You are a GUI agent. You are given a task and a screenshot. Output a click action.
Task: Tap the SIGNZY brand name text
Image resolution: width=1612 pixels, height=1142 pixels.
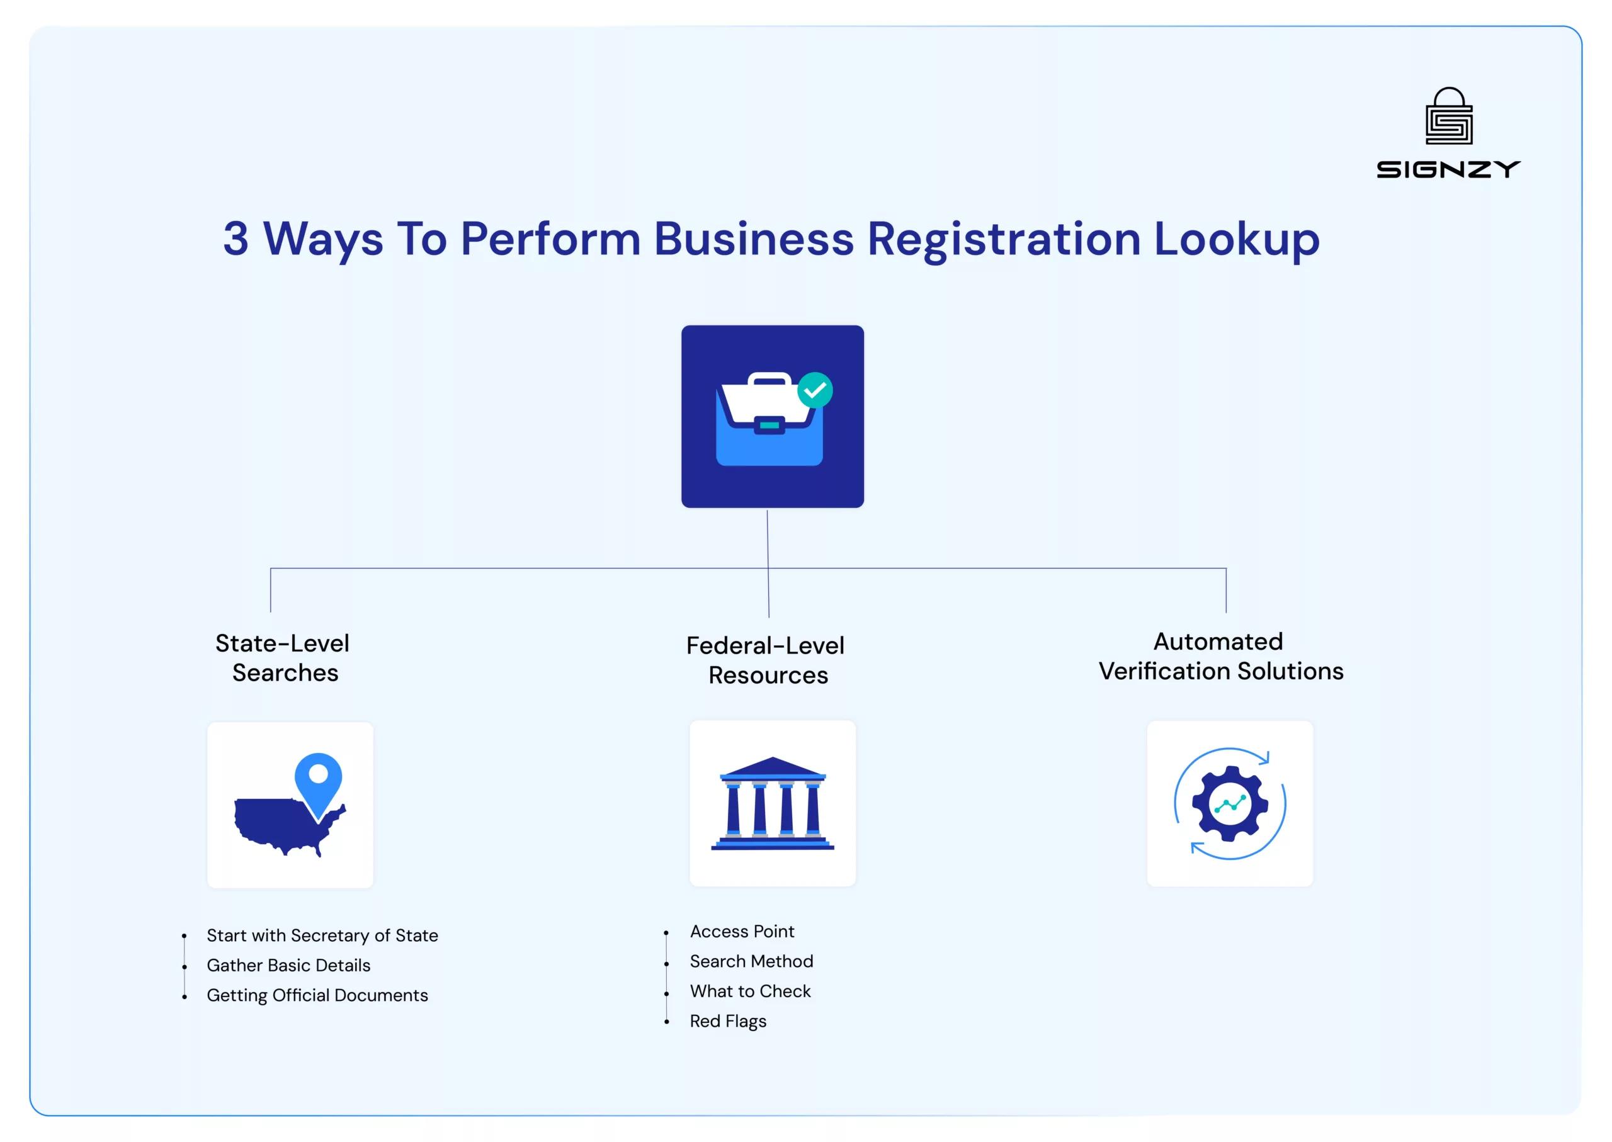[1448, 169]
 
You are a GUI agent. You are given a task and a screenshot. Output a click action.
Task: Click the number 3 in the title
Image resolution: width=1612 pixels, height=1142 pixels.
[236, 239]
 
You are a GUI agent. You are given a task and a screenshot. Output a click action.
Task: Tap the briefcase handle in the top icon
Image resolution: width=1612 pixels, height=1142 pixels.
[769, 380]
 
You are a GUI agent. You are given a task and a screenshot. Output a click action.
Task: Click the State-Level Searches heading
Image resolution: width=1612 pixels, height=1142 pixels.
[283, 657]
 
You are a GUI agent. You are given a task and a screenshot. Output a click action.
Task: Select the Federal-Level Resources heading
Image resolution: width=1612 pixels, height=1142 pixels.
[766, 660]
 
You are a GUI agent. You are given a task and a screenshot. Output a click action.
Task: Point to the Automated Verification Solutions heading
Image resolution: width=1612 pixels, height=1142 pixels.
[1220, 656]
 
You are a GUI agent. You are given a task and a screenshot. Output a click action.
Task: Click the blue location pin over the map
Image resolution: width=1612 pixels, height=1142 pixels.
[318, 781]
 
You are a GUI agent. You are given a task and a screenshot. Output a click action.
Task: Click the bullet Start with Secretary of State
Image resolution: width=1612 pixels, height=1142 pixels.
[322, 936]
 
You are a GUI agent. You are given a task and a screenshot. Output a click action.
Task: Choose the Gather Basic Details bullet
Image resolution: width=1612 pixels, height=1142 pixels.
[288, 966]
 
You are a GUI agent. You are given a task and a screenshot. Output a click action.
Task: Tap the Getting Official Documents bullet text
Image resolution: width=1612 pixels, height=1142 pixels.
[317, 995]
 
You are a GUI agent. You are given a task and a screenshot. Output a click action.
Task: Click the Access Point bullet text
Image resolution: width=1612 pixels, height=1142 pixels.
[742, 931]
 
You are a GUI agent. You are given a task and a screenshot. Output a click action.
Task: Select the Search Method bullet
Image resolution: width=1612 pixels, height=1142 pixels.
[751, 961]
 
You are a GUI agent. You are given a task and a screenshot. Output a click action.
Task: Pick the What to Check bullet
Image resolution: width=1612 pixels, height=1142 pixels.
[750, 991]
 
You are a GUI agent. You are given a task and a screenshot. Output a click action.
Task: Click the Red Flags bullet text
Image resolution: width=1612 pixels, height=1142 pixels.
[728, 1021]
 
